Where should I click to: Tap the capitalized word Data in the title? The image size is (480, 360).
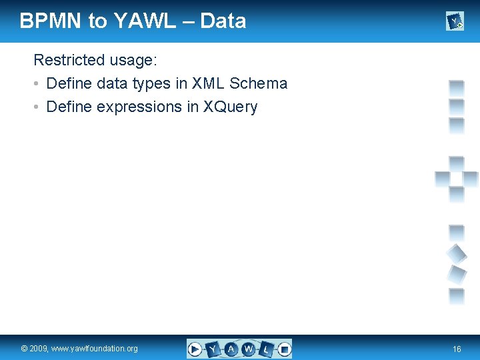(x=223, y=21)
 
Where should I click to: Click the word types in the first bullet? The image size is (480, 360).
(x=151, y=84)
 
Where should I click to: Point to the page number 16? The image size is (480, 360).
(x=457, y=349)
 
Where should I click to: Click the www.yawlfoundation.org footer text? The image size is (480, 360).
(x=95, y=349)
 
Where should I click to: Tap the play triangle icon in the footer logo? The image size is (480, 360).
(x=195, y=349)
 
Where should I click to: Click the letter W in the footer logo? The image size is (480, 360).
(x=248, y=349)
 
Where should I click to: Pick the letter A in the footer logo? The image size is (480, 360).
(x=231, y=349)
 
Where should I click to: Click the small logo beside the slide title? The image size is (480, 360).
(x=455, y=22)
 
